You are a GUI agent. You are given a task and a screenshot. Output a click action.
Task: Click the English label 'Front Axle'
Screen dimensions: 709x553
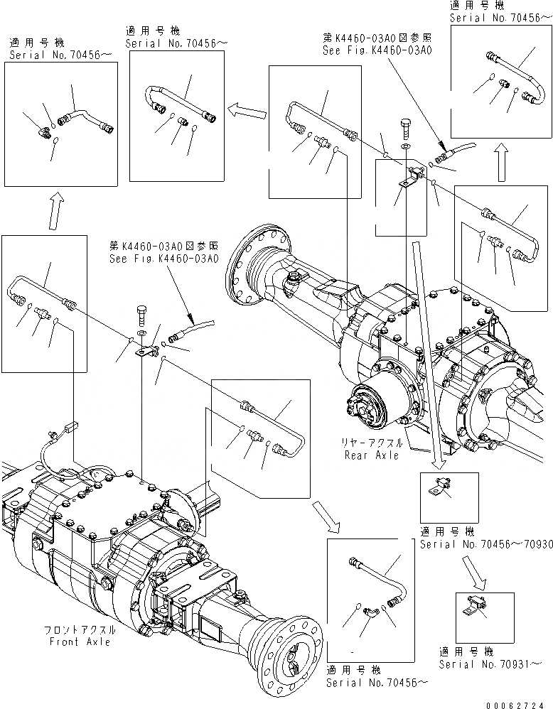click(80, 642)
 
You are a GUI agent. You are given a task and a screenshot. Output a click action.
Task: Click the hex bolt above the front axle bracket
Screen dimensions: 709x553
click(141, 313)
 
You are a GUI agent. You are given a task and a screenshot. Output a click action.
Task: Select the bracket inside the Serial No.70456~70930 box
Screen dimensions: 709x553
click(435, 489)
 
